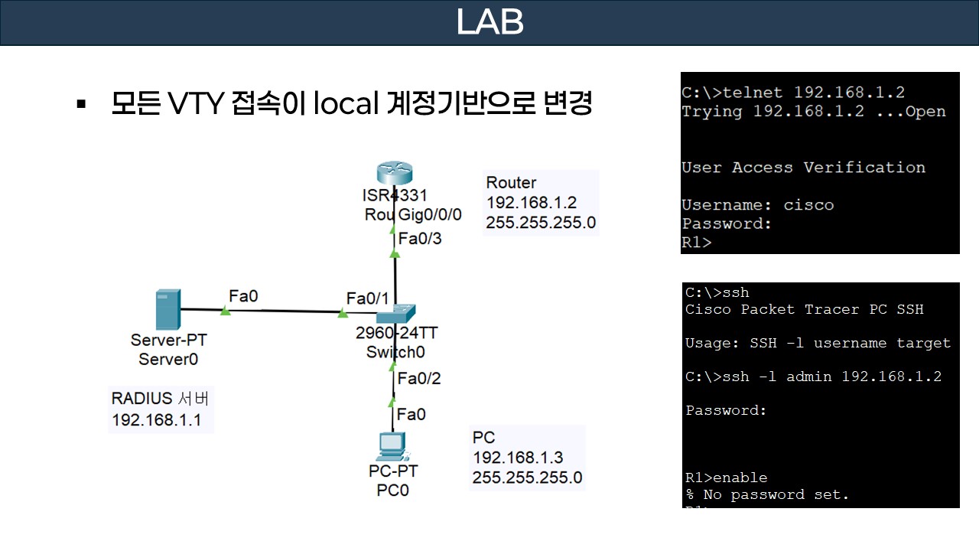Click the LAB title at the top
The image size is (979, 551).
[489, 22]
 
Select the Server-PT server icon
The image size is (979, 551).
[168, 309]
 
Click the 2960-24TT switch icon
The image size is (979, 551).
[395, 313]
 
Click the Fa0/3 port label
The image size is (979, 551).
[420, 239]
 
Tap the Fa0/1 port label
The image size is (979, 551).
[367, 297]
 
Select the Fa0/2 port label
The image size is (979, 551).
[419, 378]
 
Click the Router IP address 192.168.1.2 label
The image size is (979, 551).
[532, 203]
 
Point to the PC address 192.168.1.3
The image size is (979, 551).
[518, 458]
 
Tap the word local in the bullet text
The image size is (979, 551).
[346, 104]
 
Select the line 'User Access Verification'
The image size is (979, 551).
[803, 168]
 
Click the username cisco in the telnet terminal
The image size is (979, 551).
[808, 205]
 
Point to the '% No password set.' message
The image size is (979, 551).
[767, 494]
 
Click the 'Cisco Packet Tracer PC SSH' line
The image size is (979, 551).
[804, 309]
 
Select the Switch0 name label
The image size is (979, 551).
[395, 352]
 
